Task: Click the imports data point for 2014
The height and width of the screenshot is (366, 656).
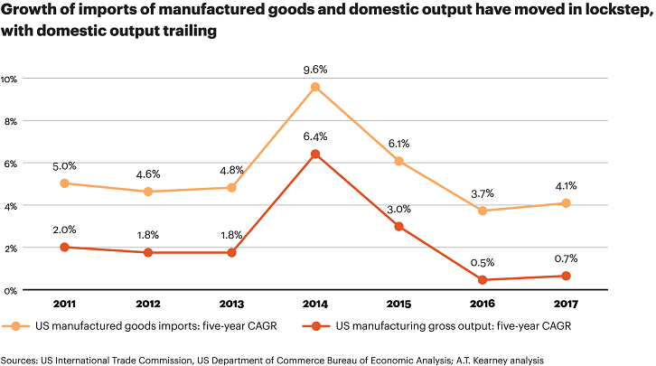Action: pos(315,87)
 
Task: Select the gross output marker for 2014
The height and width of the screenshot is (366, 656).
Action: pos(315,155)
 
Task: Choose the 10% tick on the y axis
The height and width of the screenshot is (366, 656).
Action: pos(10,79)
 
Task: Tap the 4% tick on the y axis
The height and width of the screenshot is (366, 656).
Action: pos(10,206)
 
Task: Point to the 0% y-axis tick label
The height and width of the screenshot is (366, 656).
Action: pos(10,290)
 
